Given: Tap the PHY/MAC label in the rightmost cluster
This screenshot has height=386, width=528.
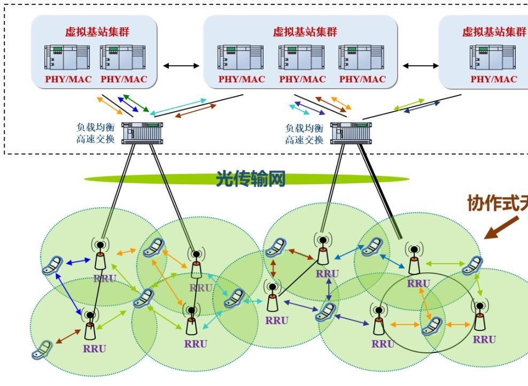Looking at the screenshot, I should point(494,79).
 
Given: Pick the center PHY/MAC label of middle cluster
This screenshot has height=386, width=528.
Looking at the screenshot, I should point(302,79).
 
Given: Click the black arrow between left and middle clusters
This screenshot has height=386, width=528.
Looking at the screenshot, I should point(181,66).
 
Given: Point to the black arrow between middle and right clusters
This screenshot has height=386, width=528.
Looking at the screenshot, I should point(420,66).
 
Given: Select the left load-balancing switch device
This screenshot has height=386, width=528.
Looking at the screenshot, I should point(142,133).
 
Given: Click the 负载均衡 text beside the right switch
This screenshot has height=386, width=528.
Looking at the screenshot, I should point(304,128).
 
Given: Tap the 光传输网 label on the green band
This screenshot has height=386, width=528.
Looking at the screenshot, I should point(250,178).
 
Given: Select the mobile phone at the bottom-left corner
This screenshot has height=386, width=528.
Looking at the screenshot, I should point(42,350).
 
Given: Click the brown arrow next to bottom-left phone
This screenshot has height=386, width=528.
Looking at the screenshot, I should point(68,336).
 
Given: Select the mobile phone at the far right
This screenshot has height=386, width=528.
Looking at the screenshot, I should point(472,265).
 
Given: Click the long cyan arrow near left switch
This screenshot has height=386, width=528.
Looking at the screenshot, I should point(179,106).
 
